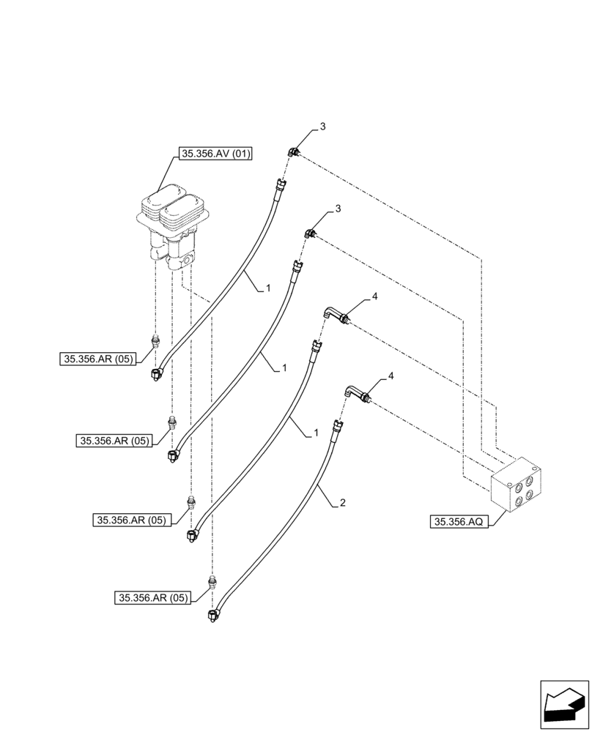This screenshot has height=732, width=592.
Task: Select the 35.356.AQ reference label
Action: coord(459,522)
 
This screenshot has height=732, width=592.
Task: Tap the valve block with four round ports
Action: coord(517,484)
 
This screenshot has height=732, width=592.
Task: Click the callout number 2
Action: coord(342,504)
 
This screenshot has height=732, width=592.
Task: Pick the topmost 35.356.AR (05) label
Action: coord(98,359)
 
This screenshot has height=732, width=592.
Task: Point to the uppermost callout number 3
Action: coord(322,127)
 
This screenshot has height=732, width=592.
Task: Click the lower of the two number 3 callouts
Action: coord(338,209)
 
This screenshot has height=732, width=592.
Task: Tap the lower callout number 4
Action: coord(391,376)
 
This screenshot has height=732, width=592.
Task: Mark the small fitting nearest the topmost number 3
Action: coord(293,152)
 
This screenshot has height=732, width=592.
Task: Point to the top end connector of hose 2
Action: coord(338,425)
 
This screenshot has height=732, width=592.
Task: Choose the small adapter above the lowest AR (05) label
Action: coord(213,583)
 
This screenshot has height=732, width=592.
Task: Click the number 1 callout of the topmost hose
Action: coord(268,288)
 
